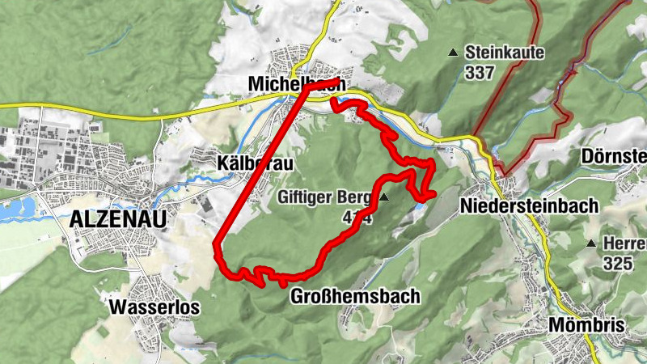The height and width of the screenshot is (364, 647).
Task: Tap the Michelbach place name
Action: (x=297, y=83)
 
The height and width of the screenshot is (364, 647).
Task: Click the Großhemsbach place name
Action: (x=354, y=296)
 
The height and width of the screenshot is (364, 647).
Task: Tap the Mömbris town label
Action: (x=586, y=324)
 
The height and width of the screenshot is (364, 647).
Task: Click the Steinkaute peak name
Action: (x=505, y=53)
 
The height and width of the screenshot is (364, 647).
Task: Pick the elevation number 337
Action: (x=480, y=72)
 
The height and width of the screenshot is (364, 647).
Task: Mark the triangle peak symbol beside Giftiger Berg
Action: (x=384, y=197)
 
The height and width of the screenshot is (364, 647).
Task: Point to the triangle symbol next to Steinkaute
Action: (x=453, y=53)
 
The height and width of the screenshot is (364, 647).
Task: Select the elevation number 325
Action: (x=617, y=263)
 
